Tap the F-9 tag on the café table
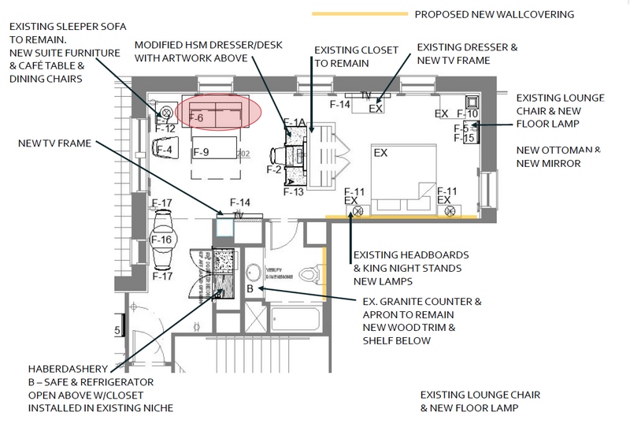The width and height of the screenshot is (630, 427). click(x=201, y=151)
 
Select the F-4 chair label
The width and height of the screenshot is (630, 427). click(x=165, y=149)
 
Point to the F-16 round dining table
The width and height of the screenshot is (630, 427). click(x=161, y=239)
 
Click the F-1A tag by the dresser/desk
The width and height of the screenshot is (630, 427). click(x=295, y=123)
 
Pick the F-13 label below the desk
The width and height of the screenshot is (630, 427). click(x=293, y=191)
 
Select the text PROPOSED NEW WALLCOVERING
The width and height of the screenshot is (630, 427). click(x=494, y=14)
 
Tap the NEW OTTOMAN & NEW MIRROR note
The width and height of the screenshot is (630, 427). click(x=560, y=157)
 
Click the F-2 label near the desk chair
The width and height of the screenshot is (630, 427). click(x=274, y=169)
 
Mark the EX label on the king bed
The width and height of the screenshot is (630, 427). click(x=382, y=152)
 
